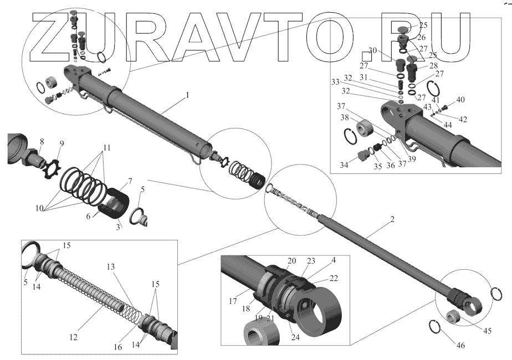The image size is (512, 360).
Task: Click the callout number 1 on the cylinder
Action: point(187,95)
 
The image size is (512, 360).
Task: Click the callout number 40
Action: point(460,100)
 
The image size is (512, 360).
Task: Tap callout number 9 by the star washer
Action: point(61,143)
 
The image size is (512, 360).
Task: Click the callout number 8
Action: point(41,142)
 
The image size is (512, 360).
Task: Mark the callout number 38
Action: point(345,118)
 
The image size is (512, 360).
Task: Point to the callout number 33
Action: point(335,81)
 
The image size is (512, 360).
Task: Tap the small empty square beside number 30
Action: point(366,56)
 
